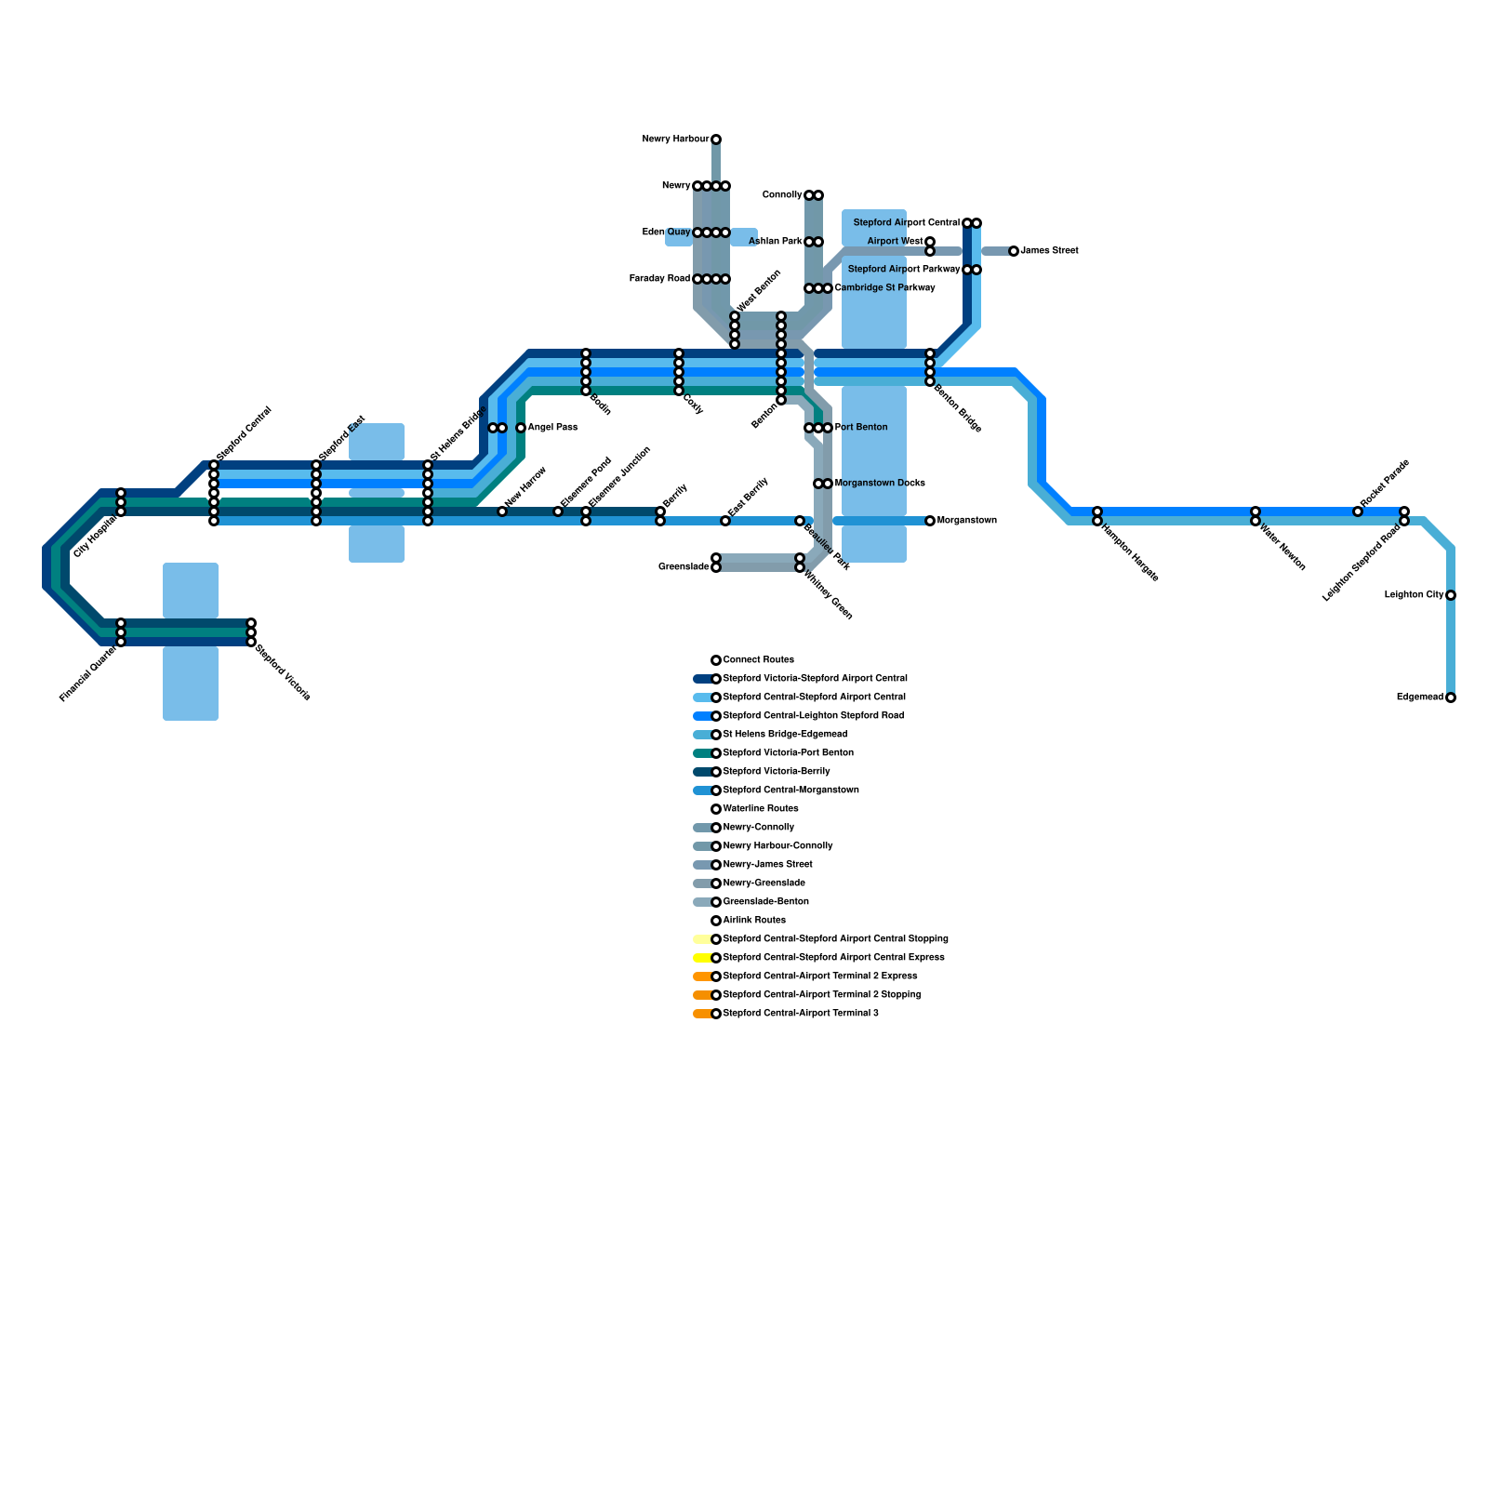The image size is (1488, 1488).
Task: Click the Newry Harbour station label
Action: tap(675, 139)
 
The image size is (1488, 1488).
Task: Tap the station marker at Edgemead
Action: tap(1451, 697)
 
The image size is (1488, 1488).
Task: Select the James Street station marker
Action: tap(1014, 251)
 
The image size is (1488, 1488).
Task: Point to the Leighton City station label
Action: tap(1414, 595)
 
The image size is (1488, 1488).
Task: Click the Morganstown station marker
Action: tap(930, 521)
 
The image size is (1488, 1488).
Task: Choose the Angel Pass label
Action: tap(552, 428)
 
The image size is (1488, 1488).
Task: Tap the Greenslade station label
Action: tap(684, 567)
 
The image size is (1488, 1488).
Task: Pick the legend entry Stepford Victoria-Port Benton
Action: tap(788, 753)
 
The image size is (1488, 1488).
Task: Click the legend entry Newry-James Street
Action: tap(767, 865)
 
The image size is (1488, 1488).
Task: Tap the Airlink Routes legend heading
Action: tap(754, 921)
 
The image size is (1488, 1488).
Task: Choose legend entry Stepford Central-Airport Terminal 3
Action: tap(800, 1014)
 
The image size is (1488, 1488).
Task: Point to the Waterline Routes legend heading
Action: tap(761, 809)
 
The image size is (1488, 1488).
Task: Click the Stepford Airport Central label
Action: tap(906, 223)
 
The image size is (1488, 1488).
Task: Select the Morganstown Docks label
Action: tap(880, 484)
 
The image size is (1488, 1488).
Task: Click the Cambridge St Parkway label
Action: tap(884, 288)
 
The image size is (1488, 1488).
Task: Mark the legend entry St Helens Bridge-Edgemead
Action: tap(785, 735)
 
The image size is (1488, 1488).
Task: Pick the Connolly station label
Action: tap(782, 195)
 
